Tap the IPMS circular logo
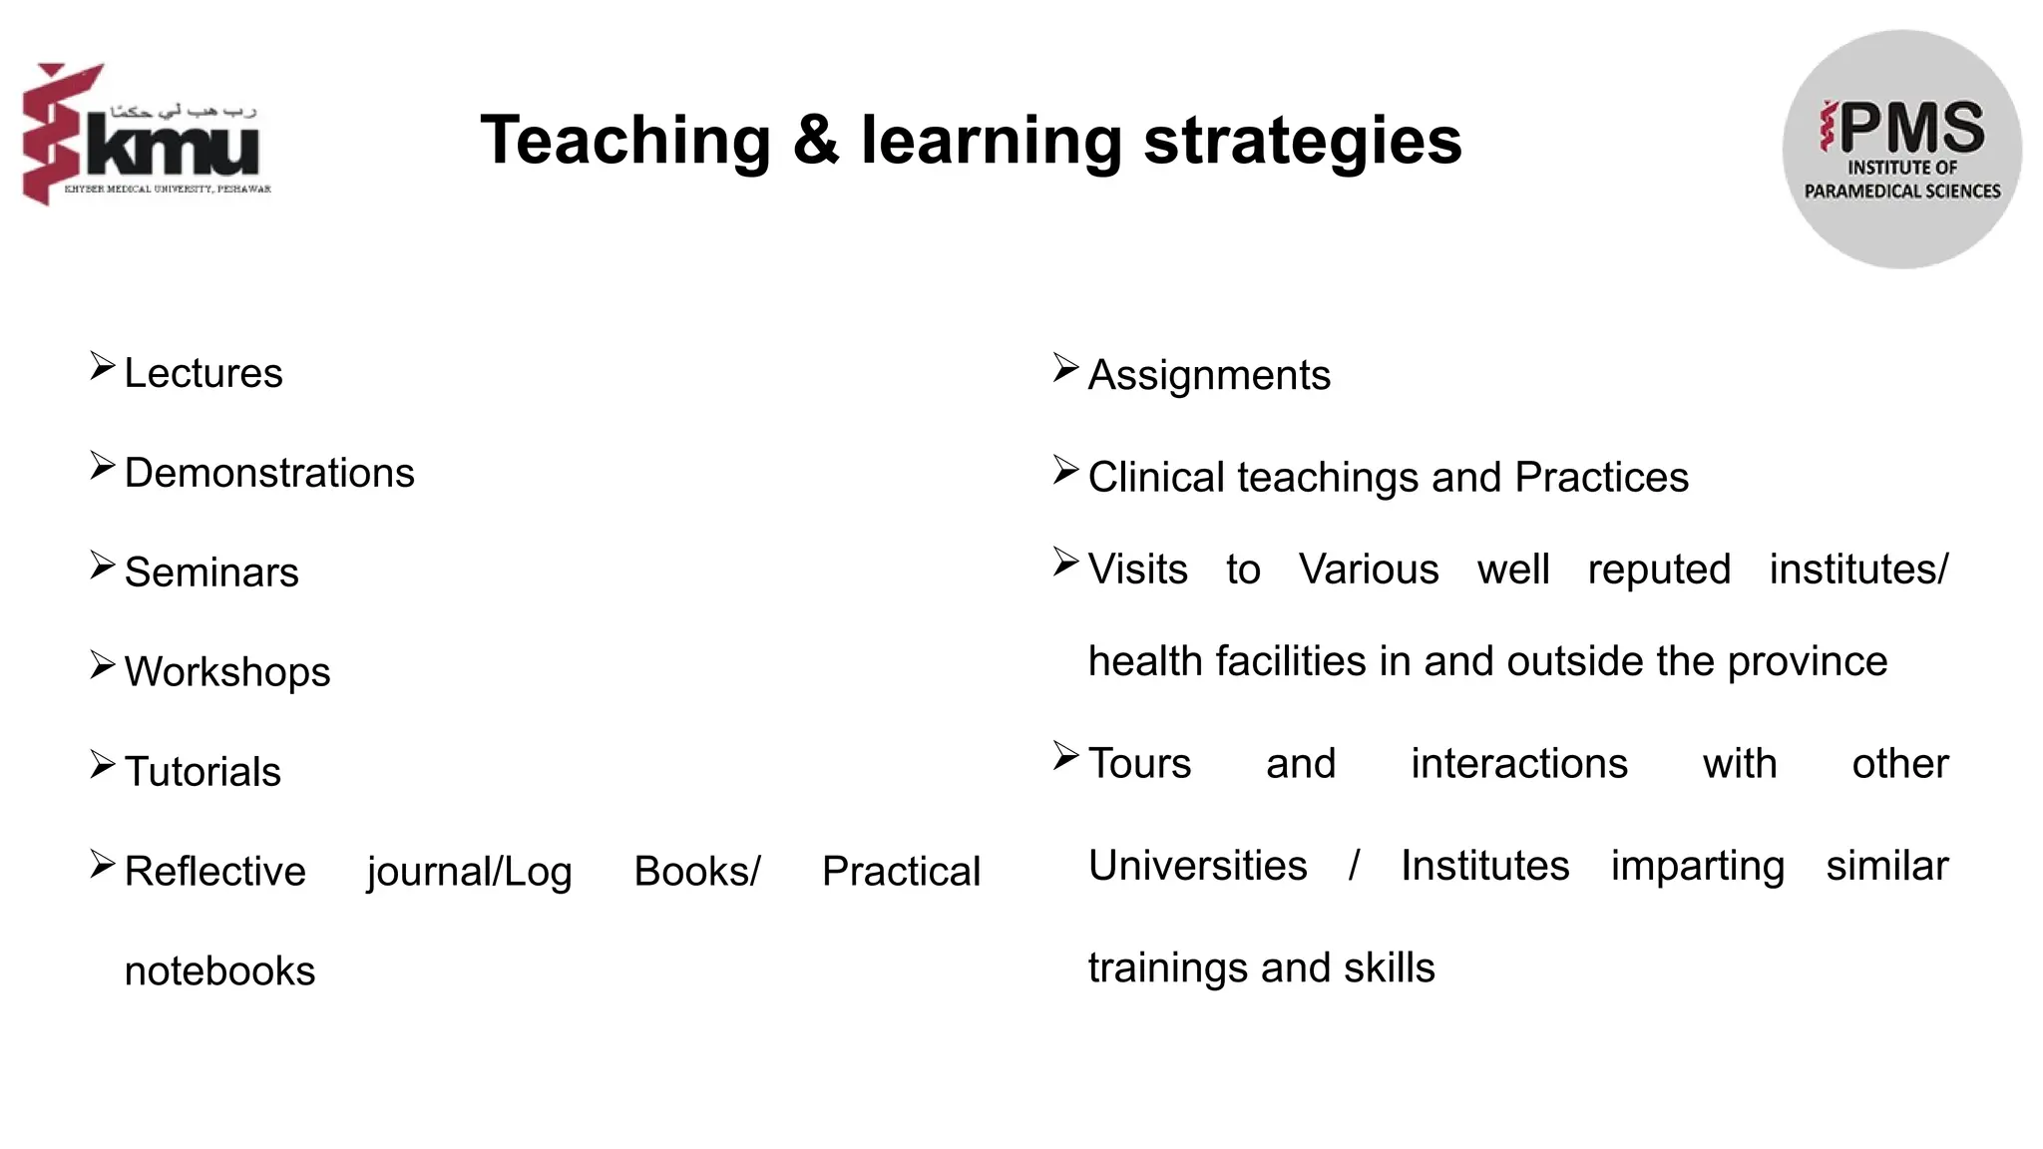(x=1901, y=150)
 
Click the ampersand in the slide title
(x=816, y=140)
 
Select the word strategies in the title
(x=1302, y=142)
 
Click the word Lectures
(x=204, y=373)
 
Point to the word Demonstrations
(x=269, y=473)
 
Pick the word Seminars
(x=211, y=573)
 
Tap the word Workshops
(x=227, y=672)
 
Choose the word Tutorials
(x=203, y=772)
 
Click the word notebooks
(x=219, y=971)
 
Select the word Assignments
(x=1209, y=375)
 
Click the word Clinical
(x=1155, y=477)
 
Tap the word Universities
(x=1197, y=866)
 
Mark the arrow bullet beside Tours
(x=1065, y=756)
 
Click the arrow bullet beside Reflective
(x=102, y=864)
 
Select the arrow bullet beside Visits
(x=1065, y=563)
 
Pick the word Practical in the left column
(x=901, y=872)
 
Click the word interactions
(x=1518, y=764)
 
